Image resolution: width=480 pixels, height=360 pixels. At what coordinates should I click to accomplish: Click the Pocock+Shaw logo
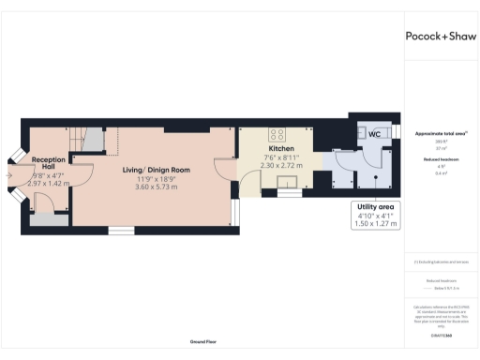click(x=439, y=36)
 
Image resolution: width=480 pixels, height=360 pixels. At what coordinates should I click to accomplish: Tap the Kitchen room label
click(x=282, y=149)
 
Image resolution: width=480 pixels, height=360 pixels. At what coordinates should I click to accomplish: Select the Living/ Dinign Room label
click(x=157, y=170)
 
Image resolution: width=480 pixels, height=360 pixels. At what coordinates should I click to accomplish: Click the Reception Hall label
click(x=47, y=163)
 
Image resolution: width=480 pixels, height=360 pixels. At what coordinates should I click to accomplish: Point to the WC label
click(x=373, y=135)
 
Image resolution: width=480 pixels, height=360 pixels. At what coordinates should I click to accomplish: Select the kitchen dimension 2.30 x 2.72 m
click(x=282, y=166)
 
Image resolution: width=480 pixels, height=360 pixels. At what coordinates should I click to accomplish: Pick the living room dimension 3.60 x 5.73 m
click(x=157, y=187)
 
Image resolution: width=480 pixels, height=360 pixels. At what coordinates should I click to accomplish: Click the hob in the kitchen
click(x=278, y=132)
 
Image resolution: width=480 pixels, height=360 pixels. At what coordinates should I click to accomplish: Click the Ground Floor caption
click(x=203, y=343)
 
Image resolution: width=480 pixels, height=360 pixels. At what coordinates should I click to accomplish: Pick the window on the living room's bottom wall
click(x=121, y=230)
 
